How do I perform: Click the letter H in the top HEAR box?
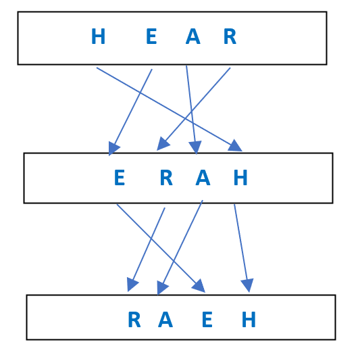coord(99,36)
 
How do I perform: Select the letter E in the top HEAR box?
coord(151,36)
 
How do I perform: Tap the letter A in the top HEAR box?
coord(193,36)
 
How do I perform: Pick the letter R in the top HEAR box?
coord(230,36)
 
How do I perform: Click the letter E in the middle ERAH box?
coord(120,177)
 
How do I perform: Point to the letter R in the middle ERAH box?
coord(166,177)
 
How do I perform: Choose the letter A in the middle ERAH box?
coord(203,177)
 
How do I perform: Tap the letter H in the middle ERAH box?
coord(240,177)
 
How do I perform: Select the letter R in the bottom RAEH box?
coord(134,319)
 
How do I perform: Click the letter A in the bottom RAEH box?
coord(165,319)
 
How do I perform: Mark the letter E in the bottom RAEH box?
coord(207,319)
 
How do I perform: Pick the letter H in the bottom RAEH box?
coord(249,319)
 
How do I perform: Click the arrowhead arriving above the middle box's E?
coord(113,149)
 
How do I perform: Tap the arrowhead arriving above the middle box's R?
coord(163,144)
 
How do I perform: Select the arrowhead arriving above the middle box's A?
coord(195,147)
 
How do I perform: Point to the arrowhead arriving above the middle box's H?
coord(236,146)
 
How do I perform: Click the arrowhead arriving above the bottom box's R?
coord(132,285)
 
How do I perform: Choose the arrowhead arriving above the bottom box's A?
coord(162,287)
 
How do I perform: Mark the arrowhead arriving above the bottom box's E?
coord(199,286)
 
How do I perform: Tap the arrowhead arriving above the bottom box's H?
coord(247,285)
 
